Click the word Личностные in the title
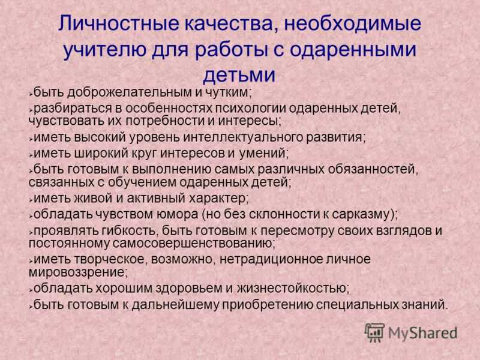[118, 23]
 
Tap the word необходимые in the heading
[353, 23]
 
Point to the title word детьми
[239, 74]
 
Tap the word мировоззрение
[77, 272]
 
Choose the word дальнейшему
[176, 305]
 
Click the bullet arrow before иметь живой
[31, 200]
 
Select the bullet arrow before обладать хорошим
[31, 289]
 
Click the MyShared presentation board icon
[374, 333]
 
